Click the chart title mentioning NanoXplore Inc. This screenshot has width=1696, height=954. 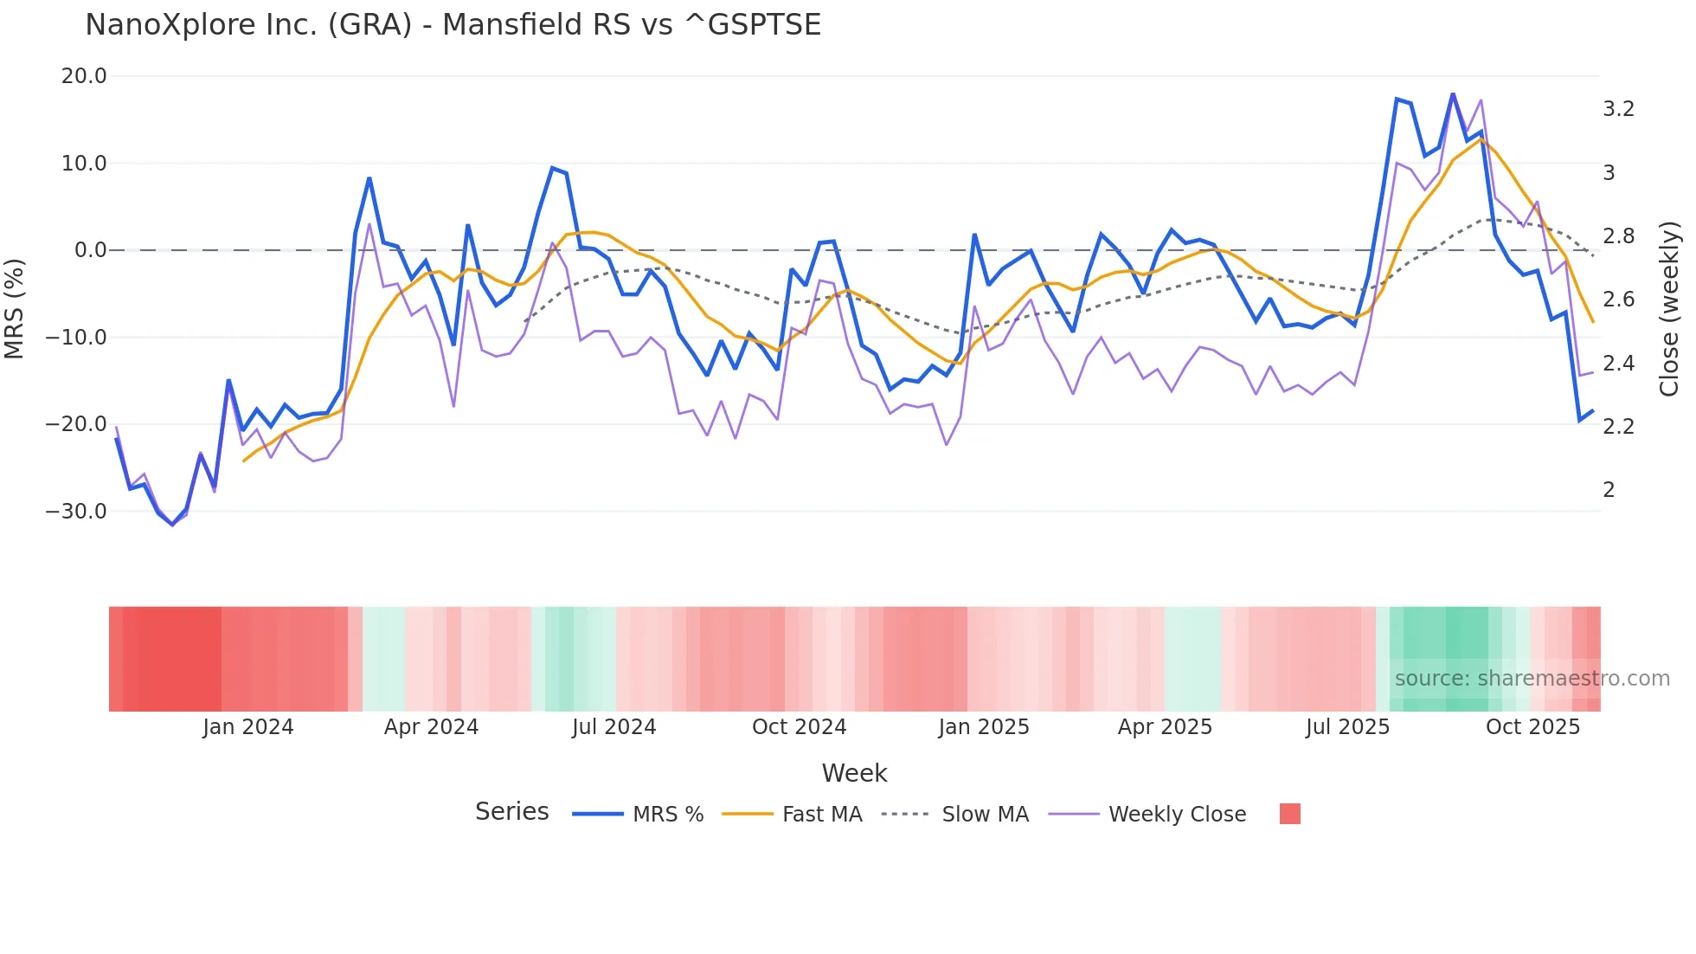coord(453,25)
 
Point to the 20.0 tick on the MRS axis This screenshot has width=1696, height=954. coord(84,76)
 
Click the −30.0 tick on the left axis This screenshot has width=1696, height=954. coord(77,512)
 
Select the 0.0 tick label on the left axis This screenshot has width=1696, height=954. coord(90,250)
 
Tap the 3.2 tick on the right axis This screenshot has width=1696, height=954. coord(1618,109)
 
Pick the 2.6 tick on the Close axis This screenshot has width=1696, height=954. coord(1618,300)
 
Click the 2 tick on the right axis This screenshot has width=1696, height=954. coord(1609,490)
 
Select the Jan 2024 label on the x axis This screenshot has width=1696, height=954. coord(248,727)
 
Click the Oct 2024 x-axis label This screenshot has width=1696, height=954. coord(799,727)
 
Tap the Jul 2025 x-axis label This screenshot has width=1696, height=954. coord(1347,727)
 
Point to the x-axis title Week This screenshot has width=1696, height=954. coord(854,773)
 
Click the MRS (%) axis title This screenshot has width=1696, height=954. coord(15,308)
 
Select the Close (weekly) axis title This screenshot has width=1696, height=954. coord(1669,308)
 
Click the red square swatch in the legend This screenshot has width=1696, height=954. coord(1289,814)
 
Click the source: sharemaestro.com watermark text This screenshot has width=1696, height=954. coord(1532,679)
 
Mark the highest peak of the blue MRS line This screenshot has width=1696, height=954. coord(1453,93)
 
